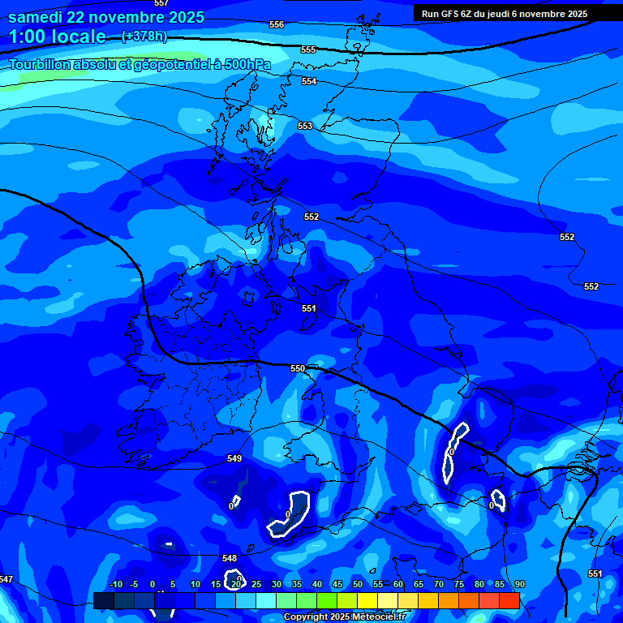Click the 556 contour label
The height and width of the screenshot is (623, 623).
tap(277, 25)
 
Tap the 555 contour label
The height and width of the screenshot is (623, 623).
tap(308, 50)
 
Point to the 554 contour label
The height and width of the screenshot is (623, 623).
tap(309, 82)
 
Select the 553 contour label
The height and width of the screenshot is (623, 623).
tap(305, 127)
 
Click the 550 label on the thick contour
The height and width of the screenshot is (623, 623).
tap(298, 369)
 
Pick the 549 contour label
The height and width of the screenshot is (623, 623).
tap(234, 459)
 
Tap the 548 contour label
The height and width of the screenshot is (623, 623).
tap(230, 559)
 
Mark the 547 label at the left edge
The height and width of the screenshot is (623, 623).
tap(6, 580)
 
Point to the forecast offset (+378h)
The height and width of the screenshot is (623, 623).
tap(144, 37)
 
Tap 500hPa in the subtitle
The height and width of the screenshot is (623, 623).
tap(244, 64)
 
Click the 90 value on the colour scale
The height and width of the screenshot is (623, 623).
tap(519, 585)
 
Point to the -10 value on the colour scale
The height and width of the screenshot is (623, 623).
tap(115, 585)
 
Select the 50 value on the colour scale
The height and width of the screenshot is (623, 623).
tap(357, 585)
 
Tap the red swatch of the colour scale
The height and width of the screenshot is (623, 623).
tap(509, 600)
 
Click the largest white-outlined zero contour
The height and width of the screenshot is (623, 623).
tap(290, 515)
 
